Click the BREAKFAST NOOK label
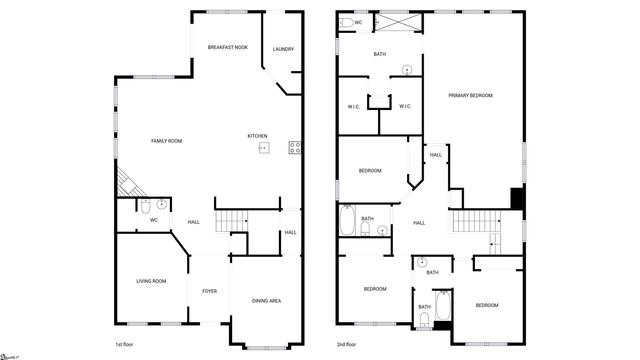pyautogui.click(x=227, y=48)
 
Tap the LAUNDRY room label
pyautogui.click(x=283, y=49)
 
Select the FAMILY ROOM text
pyautogui.click(x=166, y=141)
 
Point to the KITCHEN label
pyautogui.click(x=257, y=136)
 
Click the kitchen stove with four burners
pyautogui.click(x=295, y=148)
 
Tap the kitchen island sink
pyautogui.click(x=264, y=148)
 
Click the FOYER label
pyautogui.click(x=210, y=291)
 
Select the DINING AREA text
pyautogui.click(x=266, y=300)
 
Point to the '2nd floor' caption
pyautogui.click(x=348, y=343)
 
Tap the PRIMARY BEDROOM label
pyautogui.click(x=470, y=95)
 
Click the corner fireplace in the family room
pyautogui.click(x=128, y=183)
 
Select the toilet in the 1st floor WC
pyautogui.click(x=146, y=207)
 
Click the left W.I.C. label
pyautogui.click(x=354, y=107)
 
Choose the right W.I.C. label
pyautogui.click(x=406, y=107)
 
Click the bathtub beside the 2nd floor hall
pyautogui.click(x=347, y=221)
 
